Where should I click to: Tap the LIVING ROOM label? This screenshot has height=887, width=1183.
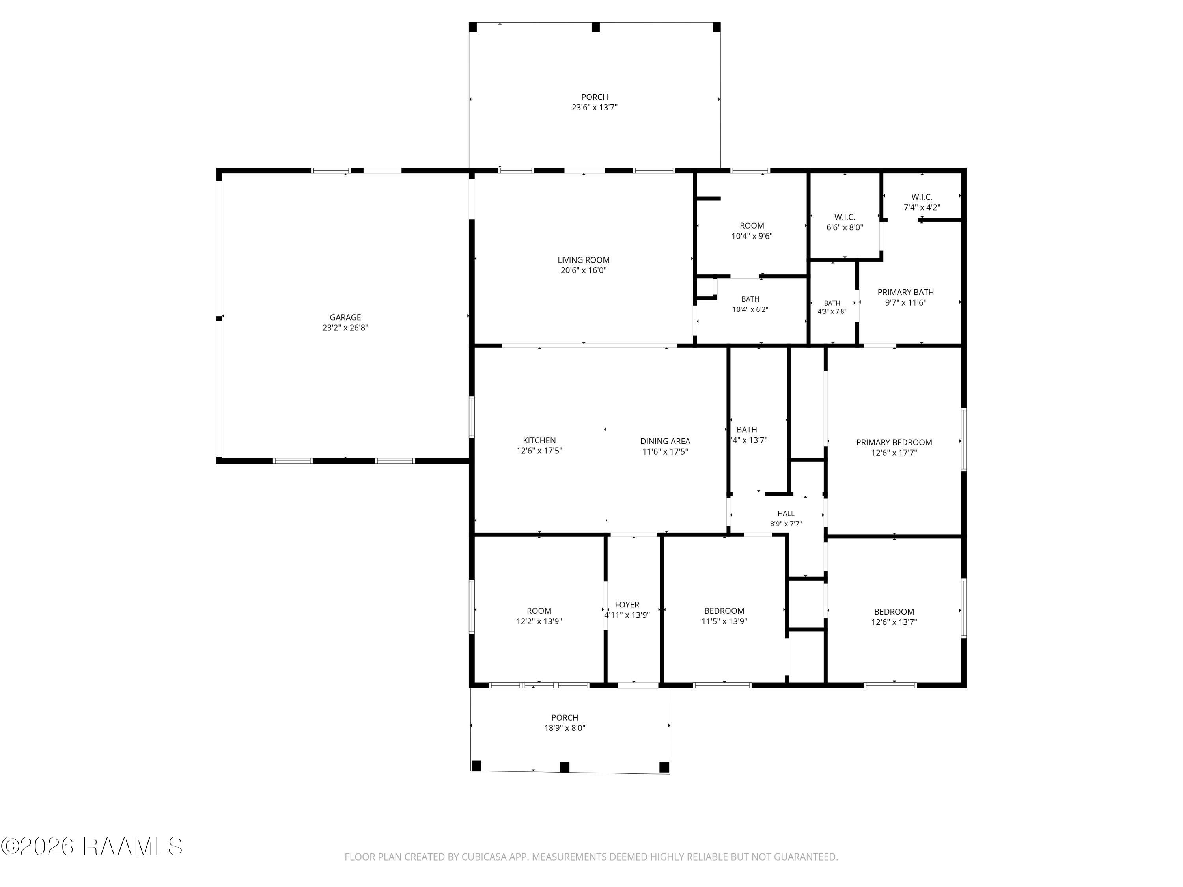coord(584,260)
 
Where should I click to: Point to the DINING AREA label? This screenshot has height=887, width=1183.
coord(665,441)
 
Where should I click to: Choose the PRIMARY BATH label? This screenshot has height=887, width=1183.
coord(905,292)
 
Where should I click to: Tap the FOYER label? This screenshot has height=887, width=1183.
coord(627,605)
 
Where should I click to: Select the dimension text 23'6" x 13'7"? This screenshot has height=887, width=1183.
coord(595,108)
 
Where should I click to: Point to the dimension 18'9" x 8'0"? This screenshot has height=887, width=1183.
coord(565,728)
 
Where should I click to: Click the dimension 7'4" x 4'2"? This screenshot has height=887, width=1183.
coord(922,207)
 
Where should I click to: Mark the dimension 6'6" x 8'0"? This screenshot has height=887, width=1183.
coord(845,227)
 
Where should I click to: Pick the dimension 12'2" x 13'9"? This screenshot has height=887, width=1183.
coord(539,621)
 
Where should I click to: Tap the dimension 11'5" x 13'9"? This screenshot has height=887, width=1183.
coord(724,621)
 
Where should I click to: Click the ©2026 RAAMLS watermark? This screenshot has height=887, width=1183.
coord(92,846)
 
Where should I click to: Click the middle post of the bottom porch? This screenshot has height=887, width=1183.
coord(564,767)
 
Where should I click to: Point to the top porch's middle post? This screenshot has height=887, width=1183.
coord(596,27)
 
